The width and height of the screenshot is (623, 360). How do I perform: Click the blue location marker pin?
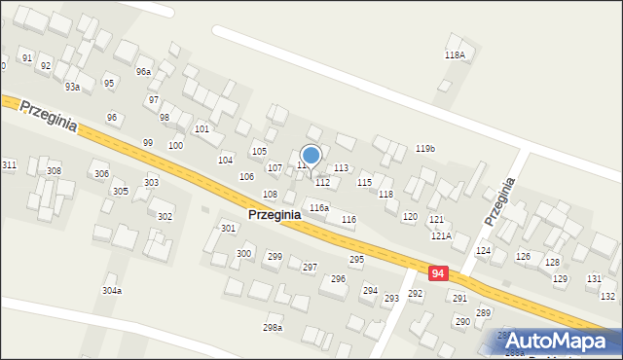[311, 156]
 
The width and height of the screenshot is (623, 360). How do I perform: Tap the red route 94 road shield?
[438, 273]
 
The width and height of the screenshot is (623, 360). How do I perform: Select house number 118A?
[455, 55]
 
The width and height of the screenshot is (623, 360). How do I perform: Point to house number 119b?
[424, 149]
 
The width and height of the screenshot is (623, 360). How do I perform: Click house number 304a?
[112, 290]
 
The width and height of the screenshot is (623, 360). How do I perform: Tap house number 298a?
[273, 327]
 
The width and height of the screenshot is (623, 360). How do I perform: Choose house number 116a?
[319, 208]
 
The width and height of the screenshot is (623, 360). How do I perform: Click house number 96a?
[143, 72]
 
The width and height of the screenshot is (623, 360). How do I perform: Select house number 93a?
[72, 87]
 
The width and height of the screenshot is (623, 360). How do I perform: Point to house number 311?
[9, 165]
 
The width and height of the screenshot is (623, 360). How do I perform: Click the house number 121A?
[441, 235]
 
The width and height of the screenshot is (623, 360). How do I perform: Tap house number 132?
[607, 296]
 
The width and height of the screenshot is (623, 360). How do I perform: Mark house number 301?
[228, 228]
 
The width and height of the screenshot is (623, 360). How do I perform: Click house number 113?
[341, 168]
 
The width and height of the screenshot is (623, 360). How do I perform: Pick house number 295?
[357, 259]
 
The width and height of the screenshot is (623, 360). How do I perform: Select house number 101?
[202, 128]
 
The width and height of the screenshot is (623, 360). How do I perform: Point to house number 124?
[483, 251]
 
